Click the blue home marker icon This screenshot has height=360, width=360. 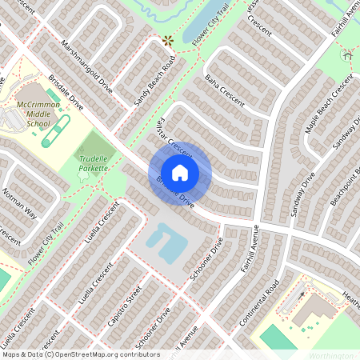[180, 173]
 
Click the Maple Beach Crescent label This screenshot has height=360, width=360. [329, 104]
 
